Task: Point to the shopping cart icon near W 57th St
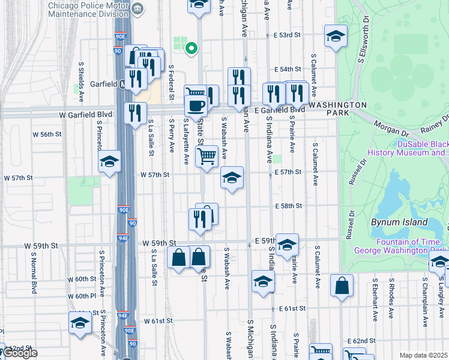(x=207, y=156)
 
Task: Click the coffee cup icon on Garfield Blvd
(x=194, y=107)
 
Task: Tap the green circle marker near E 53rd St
(x=191, y=48)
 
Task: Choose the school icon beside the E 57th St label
(x=232, y=178)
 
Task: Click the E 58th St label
(x=288, y=206)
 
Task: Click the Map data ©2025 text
(x=423, y=355)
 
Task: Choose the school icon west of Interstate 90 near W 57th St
(x=110, y=161)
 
